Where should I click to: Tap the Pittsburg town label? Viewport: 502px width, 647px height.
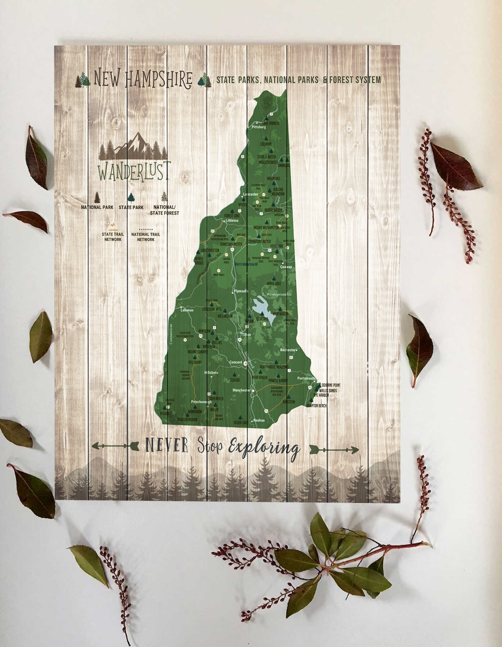[x=258, y=127]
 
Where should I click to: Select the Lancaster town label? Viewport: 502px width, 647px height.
[x=250, y=194]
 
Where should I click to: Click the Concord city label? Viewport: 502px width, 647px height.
[x=236, y=362]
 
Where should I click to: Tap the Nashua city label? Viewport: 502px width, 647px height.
[x=259, y=420]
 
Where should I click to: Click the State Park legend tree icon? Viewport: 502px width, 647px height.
[x=131, y=197]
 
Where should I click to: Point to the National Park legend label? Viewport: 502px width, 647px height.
[x=97, y=207]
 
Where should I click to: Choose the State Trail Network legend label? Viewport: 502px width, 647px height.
[x=113, y=237]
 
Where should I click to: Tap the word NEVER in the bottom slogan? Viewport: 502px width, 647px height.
[x=167, y=446]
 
